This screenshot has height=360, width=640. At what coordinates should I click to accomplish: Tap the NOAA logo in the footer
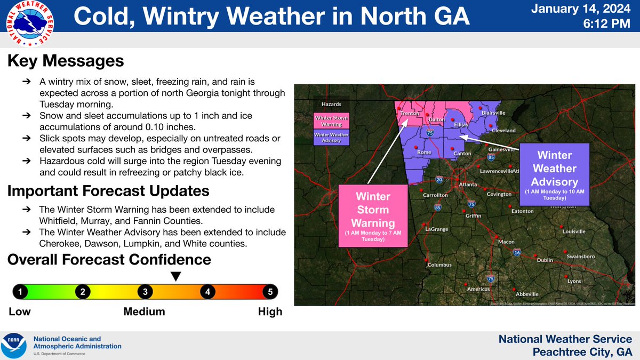[x=15, y=346]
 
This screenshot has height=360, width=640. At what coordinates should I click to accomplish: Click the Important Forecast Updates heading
[x=108, y=190]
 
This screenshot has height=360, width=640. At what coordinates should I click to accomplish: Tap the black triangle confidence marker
[x=175, y=276]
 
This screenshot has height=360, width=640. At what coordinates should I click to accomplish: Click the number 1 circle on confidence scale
[x=20, y=292]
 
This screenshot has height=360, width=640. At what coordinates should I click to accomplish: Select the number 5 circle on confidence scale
[x=270, y=292]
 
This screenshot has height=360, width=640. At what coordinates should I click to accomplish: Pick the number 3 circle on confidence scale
[x=145, y=292]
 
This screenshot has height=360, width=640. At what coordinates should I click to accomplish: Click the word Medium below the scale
[x=144, y=312]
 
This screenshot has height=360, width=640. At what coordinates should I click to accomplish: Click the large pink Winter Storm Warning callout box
[x=373, y=215]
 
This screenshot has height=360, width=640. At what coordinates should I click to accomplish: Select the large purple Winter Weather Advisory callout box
[x=555, y=174]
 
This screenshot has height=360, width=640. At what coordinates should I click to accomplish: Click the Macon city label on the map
[x=506, y=242]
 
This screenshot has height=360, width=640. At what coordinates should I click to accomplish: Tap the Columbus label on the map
[x=439, y=265]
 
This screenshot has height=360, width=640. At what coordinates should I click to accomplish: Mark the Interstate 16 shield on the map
[x=517, y=252]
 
